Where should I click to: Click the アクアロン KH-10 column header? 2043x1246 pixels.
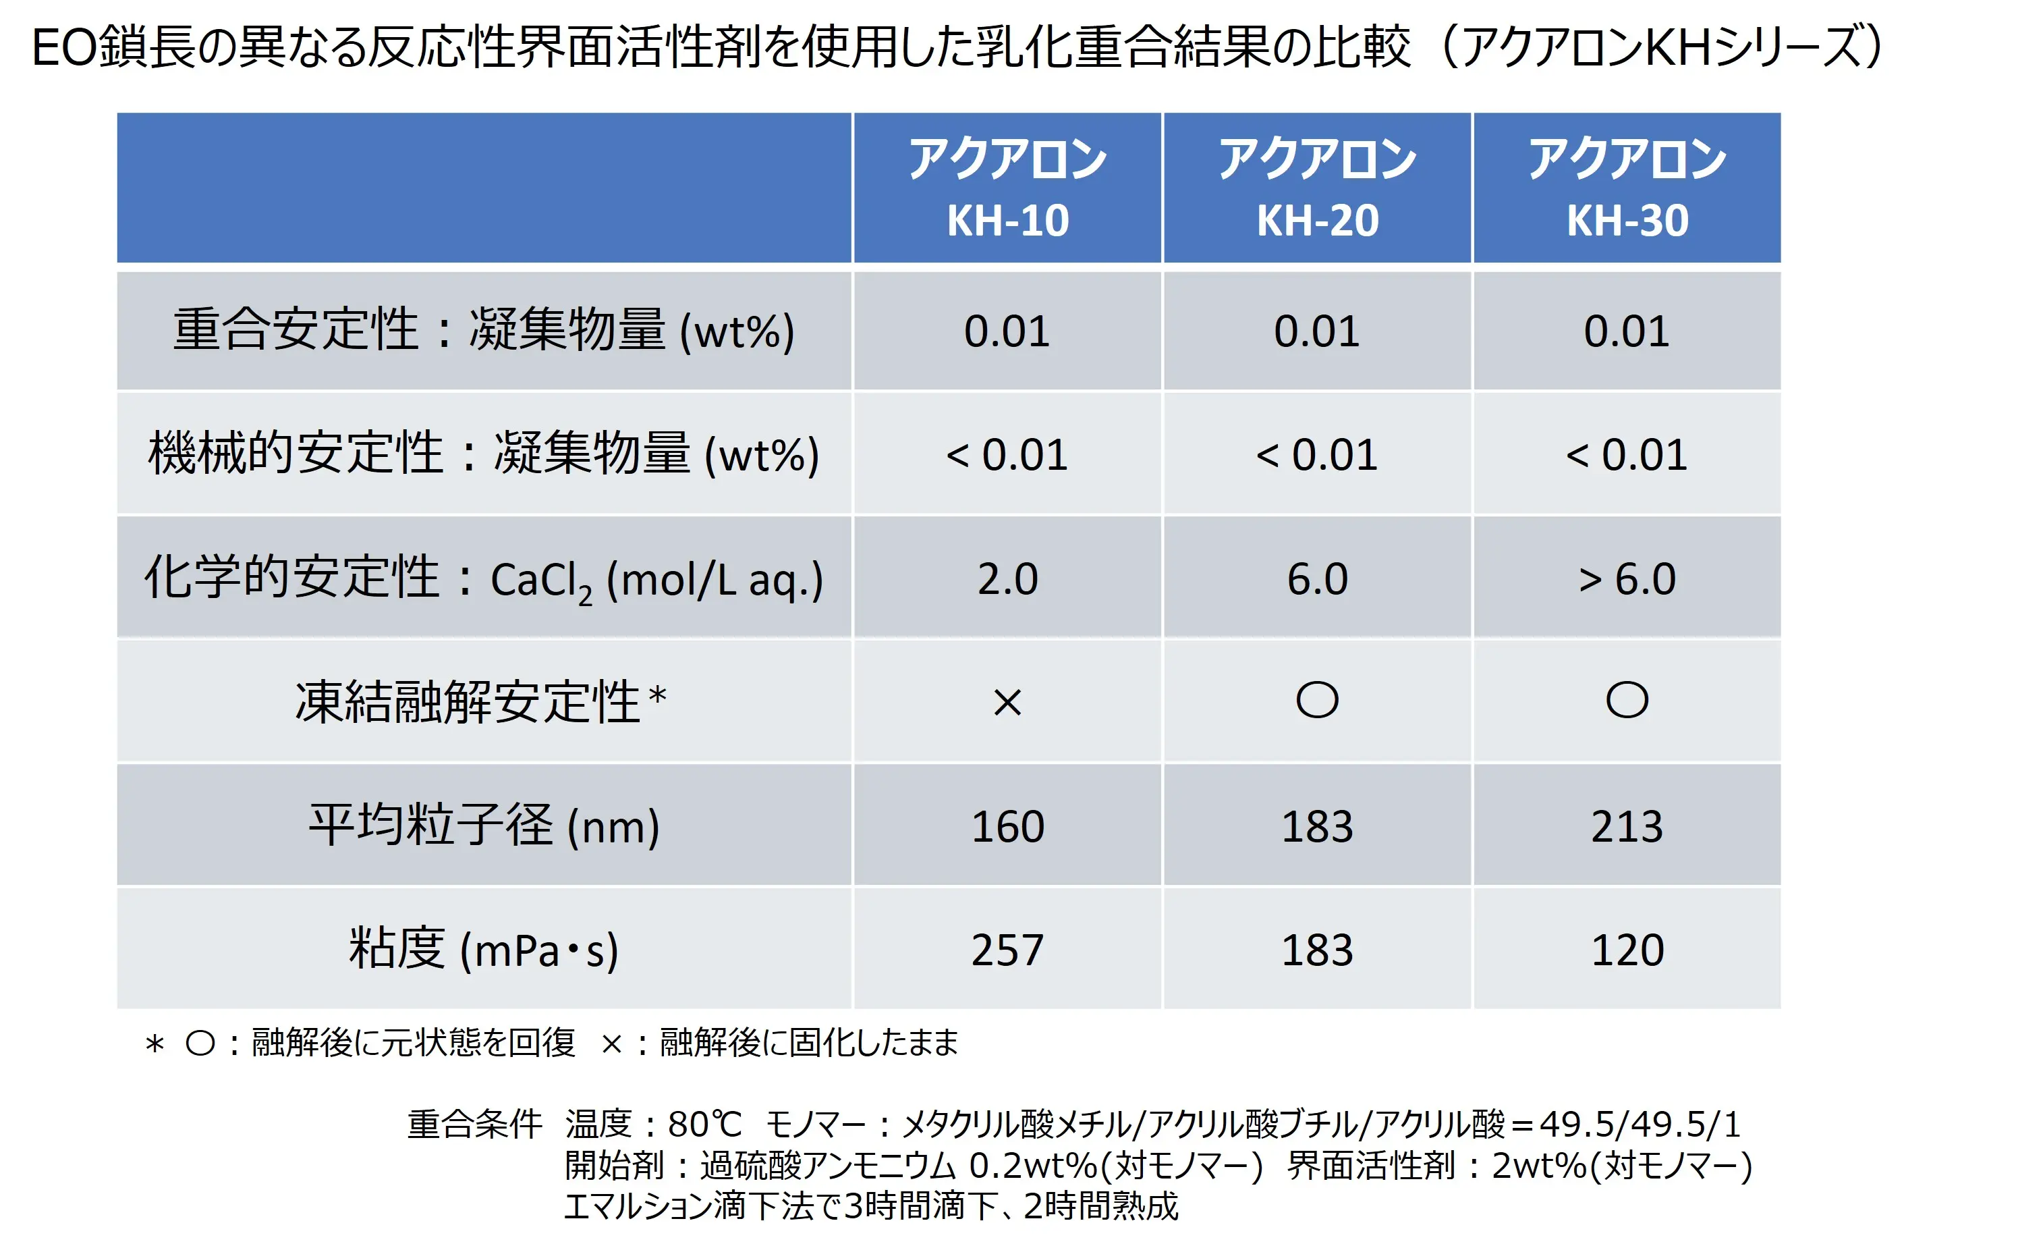[x=1007, y=188]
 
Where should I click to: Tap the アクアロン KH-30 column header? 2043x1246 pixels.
[x=1627, y=188]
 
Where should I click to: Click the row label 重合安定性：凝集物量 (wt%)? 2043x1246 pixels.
[x=483, y=331]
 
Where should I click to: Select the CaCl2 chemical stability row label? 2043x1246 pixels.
[x=483, y=578]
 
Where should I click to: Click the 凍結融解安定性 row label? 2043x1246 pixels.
[x=481, y=702]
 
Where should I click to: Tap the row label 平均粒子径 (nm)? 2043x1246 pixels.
[x=483, y=825]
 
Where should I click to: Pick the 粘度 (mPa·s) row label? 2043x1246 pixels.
[x=483, y=949]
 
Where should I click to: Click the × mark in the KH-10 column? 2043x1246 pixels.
[x=1007, y=703]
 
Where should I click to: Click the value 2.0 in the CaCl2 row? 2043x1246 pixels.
[x=1007, y=578]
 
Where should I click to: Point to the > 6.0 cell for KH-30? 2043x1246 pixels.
[x=1627, y=578]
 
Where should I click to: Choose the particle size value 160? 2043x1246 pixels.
[x=1007, y=826]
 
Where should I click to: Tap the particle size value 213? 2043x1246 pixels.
[x=1627, y=826]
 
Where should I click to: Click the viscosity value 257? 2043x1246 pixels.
[x=1007, y=950]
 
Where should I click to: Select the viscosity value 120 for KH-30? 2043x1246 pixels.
[x=1627, y=950]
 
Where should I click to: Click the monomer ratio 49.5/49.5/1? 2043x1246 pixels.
[x=1640, y=1124]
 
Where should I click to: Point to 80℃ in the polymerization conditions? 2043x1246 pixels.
[x=705, y=1124]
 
